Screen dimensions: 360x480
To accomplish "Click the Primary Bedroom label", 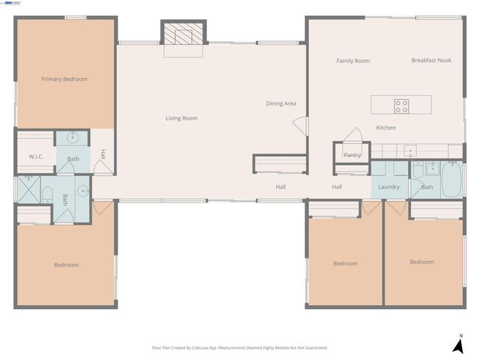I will pyautogui.click(x=64, y=79).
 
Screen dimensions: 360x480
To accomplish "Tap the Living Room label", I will pyautogui.click(x=181, y=118).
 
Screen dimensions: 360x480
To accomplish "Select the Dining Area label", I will pyautogui.click(x=280, y=103).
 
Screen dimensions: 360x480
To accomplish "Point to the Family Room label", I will pyautogui.click(x=352, y=61).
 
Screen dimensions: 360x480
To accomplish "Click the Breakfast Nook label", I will pyautogui.click(x=431, y=61).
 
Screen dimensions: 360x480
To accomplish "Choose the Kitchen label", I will pyautogui.click(x=385, y=127).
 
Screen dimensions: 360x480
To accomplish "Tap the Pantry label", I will pyautogui.click(x=352, y=155).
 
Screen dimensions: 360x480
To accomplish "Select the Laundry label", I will pyautogui.click(x=388, y=187).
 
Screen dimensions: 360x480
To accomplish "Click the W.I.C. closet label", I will pyautogui.click(x=36, y=156).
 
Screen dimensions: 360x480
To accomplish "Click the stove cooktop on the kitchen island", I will pyautogui.click(x=402, y=106).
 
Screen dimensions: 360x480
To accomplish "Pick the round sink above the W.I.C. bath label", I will pyautogui.click(x=73, y=137).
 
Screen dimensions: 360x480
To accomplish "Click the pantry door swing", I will pyautogui.click(x=352, y=135).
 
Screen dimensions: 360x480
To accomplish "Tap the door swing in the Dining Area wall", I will pyautogui.click(x=300, y=125).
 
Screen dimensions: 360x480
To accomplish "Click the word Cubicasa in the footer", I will pyautogui.click(x=223, y=348).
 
